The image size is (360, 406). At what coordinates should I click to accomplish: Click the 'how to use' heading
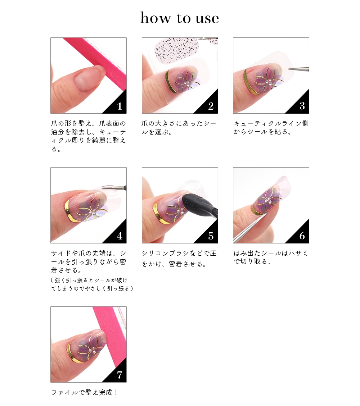point(180,18)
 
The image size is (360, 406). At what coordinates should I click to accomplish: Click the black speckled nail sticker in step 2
point(176,51)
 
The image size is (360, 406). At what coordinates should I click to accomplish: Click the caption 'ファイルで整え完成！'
point(85,393)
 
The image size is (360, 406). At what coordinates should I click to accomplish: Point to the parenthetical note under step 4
point(92,284)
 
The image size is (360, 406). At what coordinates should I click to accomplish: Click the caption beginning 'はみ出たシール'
point(271,257)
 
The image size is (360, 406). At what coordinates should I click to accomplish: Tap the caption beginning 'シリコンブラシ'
point(179,259)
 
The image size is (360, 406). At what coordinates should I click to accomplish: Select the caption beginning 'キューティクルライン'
point(271,127)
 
